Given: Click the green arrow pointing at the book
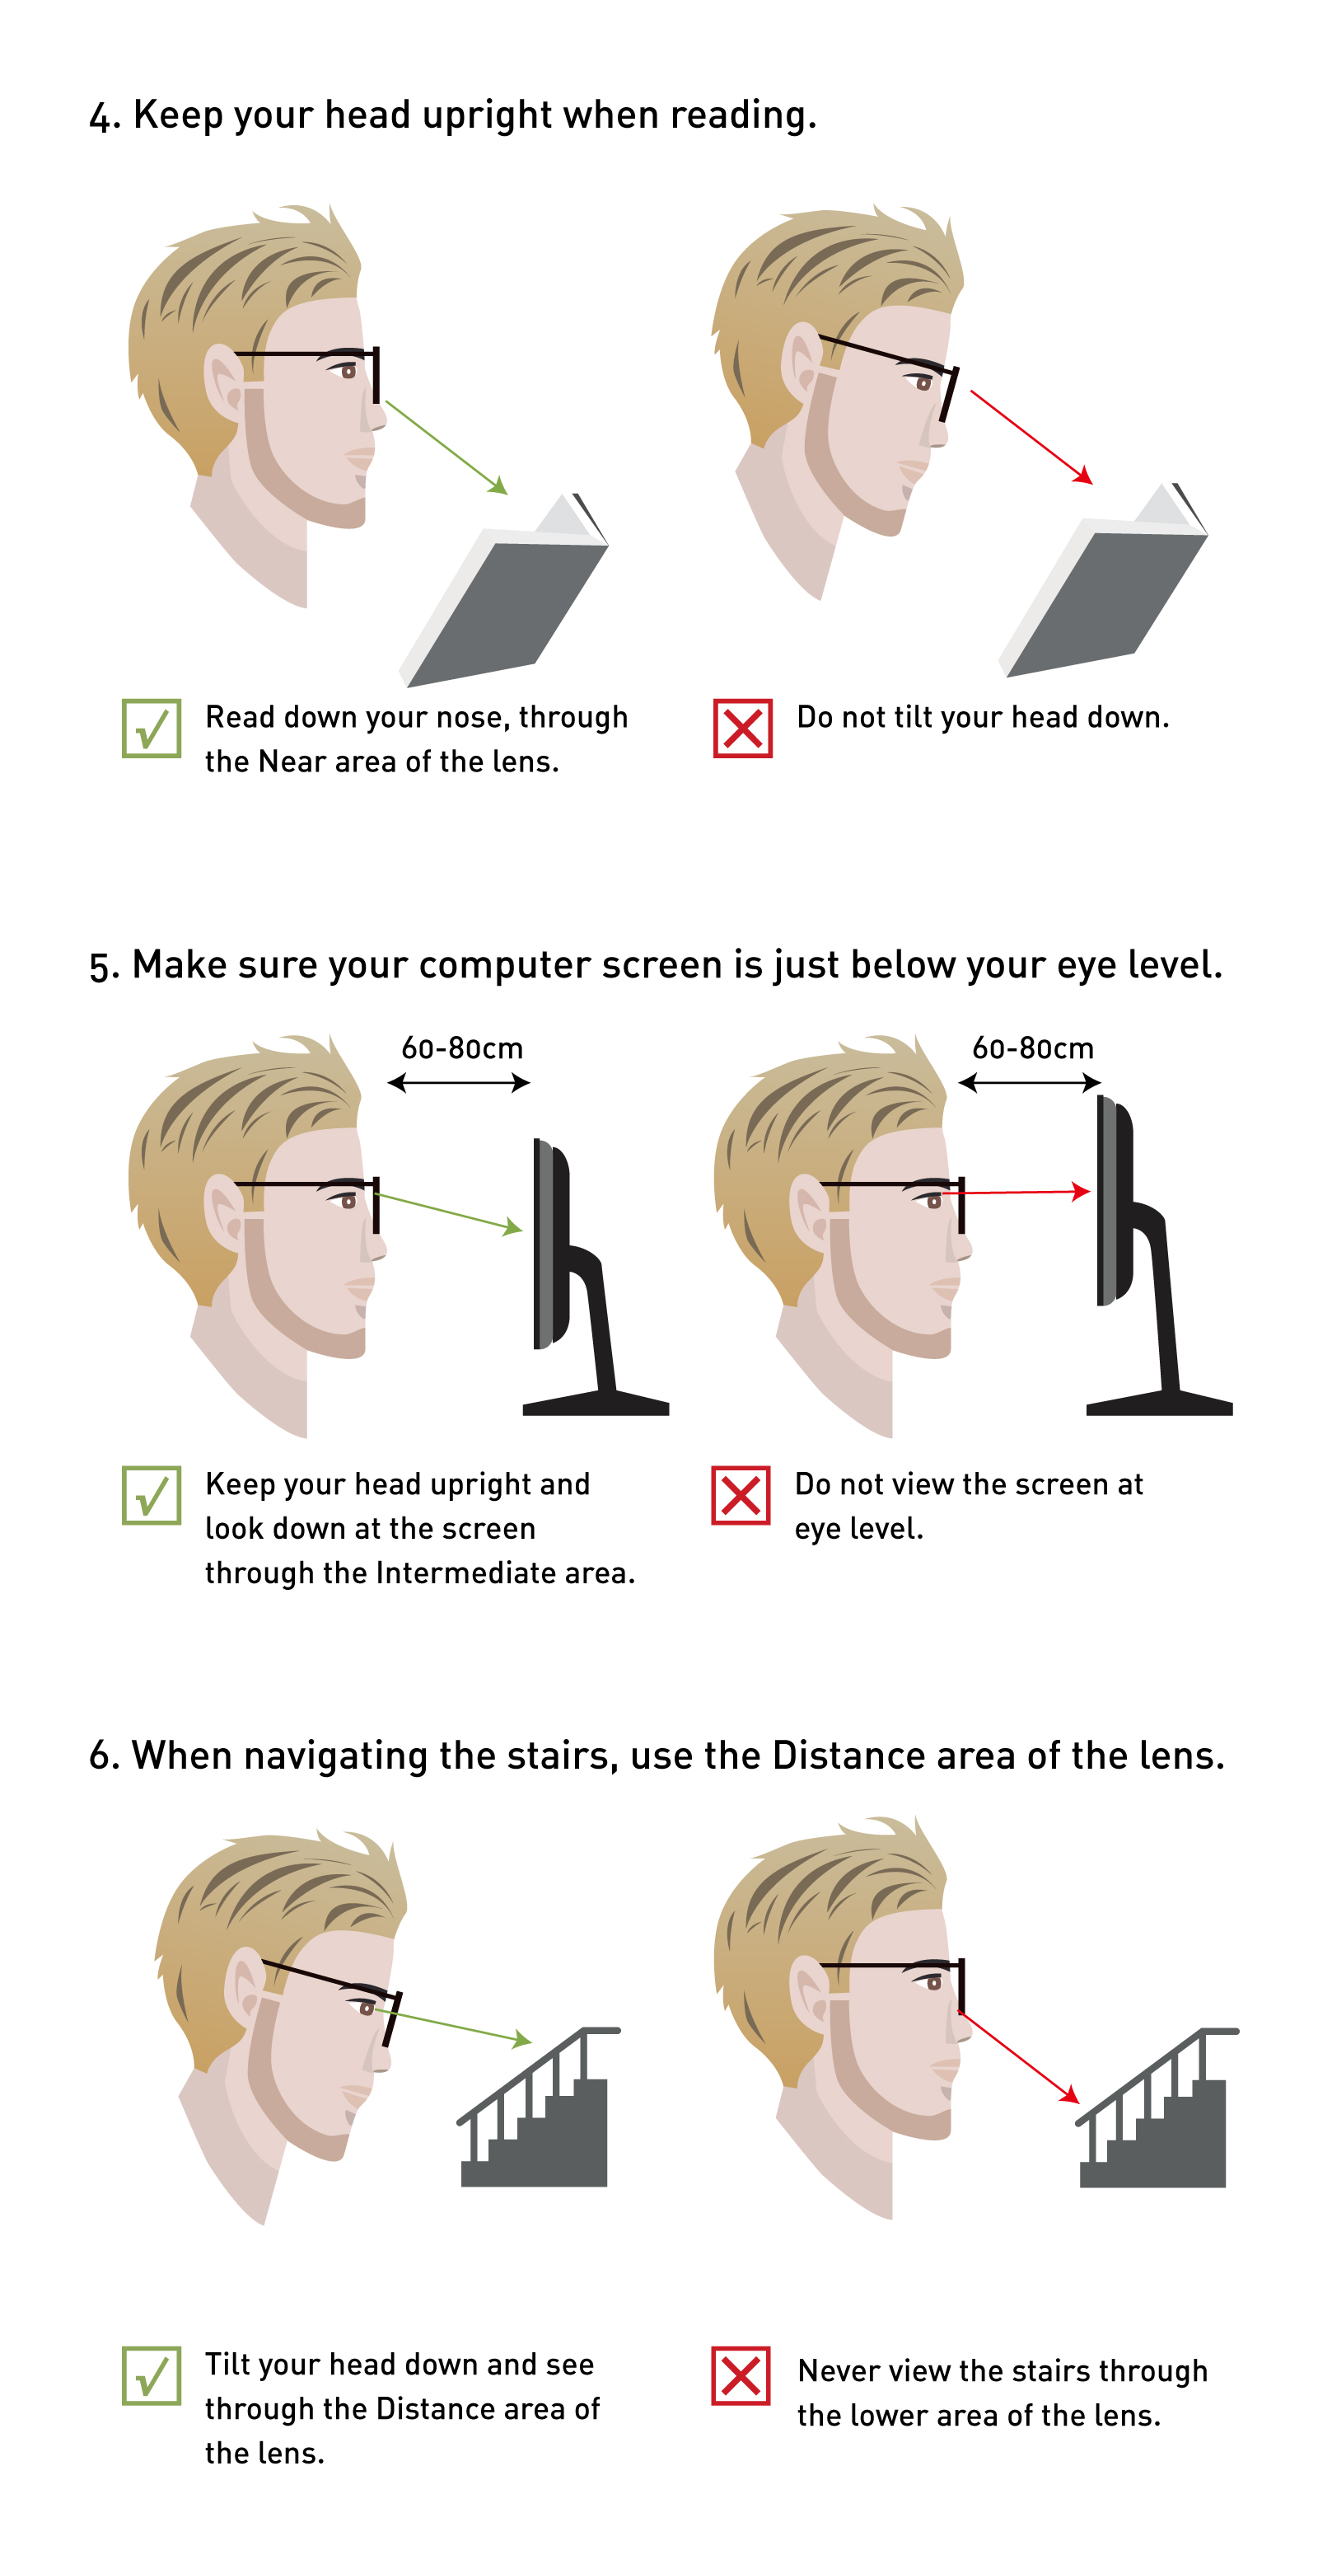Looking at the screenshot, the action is (x=446, y=447).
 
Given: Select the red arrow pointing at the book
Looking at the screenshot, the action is (x=1032, y=437).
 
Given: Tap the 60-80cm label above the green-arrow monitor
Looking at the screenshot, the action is (x=461, y=1048).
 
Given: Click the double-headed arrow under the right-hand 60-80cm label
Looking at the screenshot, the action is (x=1030, y=1083).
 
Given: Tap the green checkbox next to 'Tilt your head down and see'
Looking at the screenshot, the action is (x=152, y=2375).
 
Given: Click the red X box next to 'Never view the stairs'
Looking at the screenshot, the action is (x=741, y=2375).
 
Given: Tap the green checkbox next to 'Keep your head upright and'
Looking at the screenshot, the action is (x=152, y=1495).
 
